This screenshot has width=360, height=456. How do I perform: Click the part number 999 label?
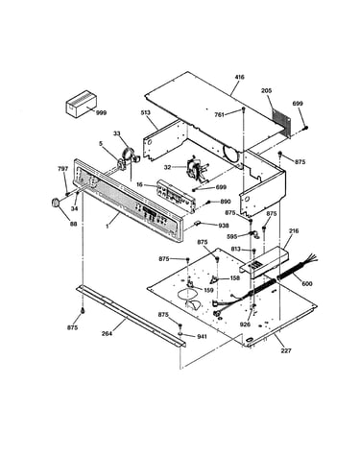(x=101, y=112)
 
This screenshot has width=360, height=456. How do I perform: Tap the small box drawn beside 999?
(x=82, y=103)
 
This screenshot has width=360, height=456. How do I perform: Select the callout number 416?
(x=239, y=77)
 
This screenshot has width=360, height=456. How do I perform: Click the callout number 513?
(x=146, y=112)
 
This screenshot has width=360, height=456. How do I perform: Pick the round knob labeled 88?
(x=56, y=203)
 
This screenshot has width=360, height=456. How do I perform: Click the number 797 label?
(x=62, y=169)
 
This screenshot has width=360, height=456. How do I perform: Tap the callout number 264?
(x=107, y=333)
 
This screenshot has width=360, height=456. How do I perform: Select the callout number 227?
(x=286, y=350)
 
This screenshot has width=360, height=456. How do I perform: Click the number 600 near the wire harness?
(x=307, y=283)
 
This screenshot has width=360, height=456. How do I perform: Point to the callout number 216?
(x=294, y=230)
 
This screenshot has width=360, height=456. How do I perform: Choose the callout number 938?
(x=224, y=226)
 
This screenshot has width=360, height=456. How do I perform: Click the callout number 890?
(x=225, y=202)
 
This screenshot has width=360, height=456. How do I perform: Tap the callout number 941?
(x=202, y=336)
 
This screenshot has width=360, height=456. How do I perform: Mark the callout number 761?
(x=220, y=114)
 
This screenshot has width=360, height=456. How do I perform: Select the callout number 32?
(x=168, y=167)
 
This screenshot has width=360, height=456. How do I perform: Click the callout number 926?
(x=246, y=324)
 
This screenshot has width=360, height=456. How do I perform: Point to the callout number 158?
(x=235, y=278)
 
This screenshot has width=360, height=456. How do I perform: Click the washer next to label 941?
(x=181, y=334)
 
